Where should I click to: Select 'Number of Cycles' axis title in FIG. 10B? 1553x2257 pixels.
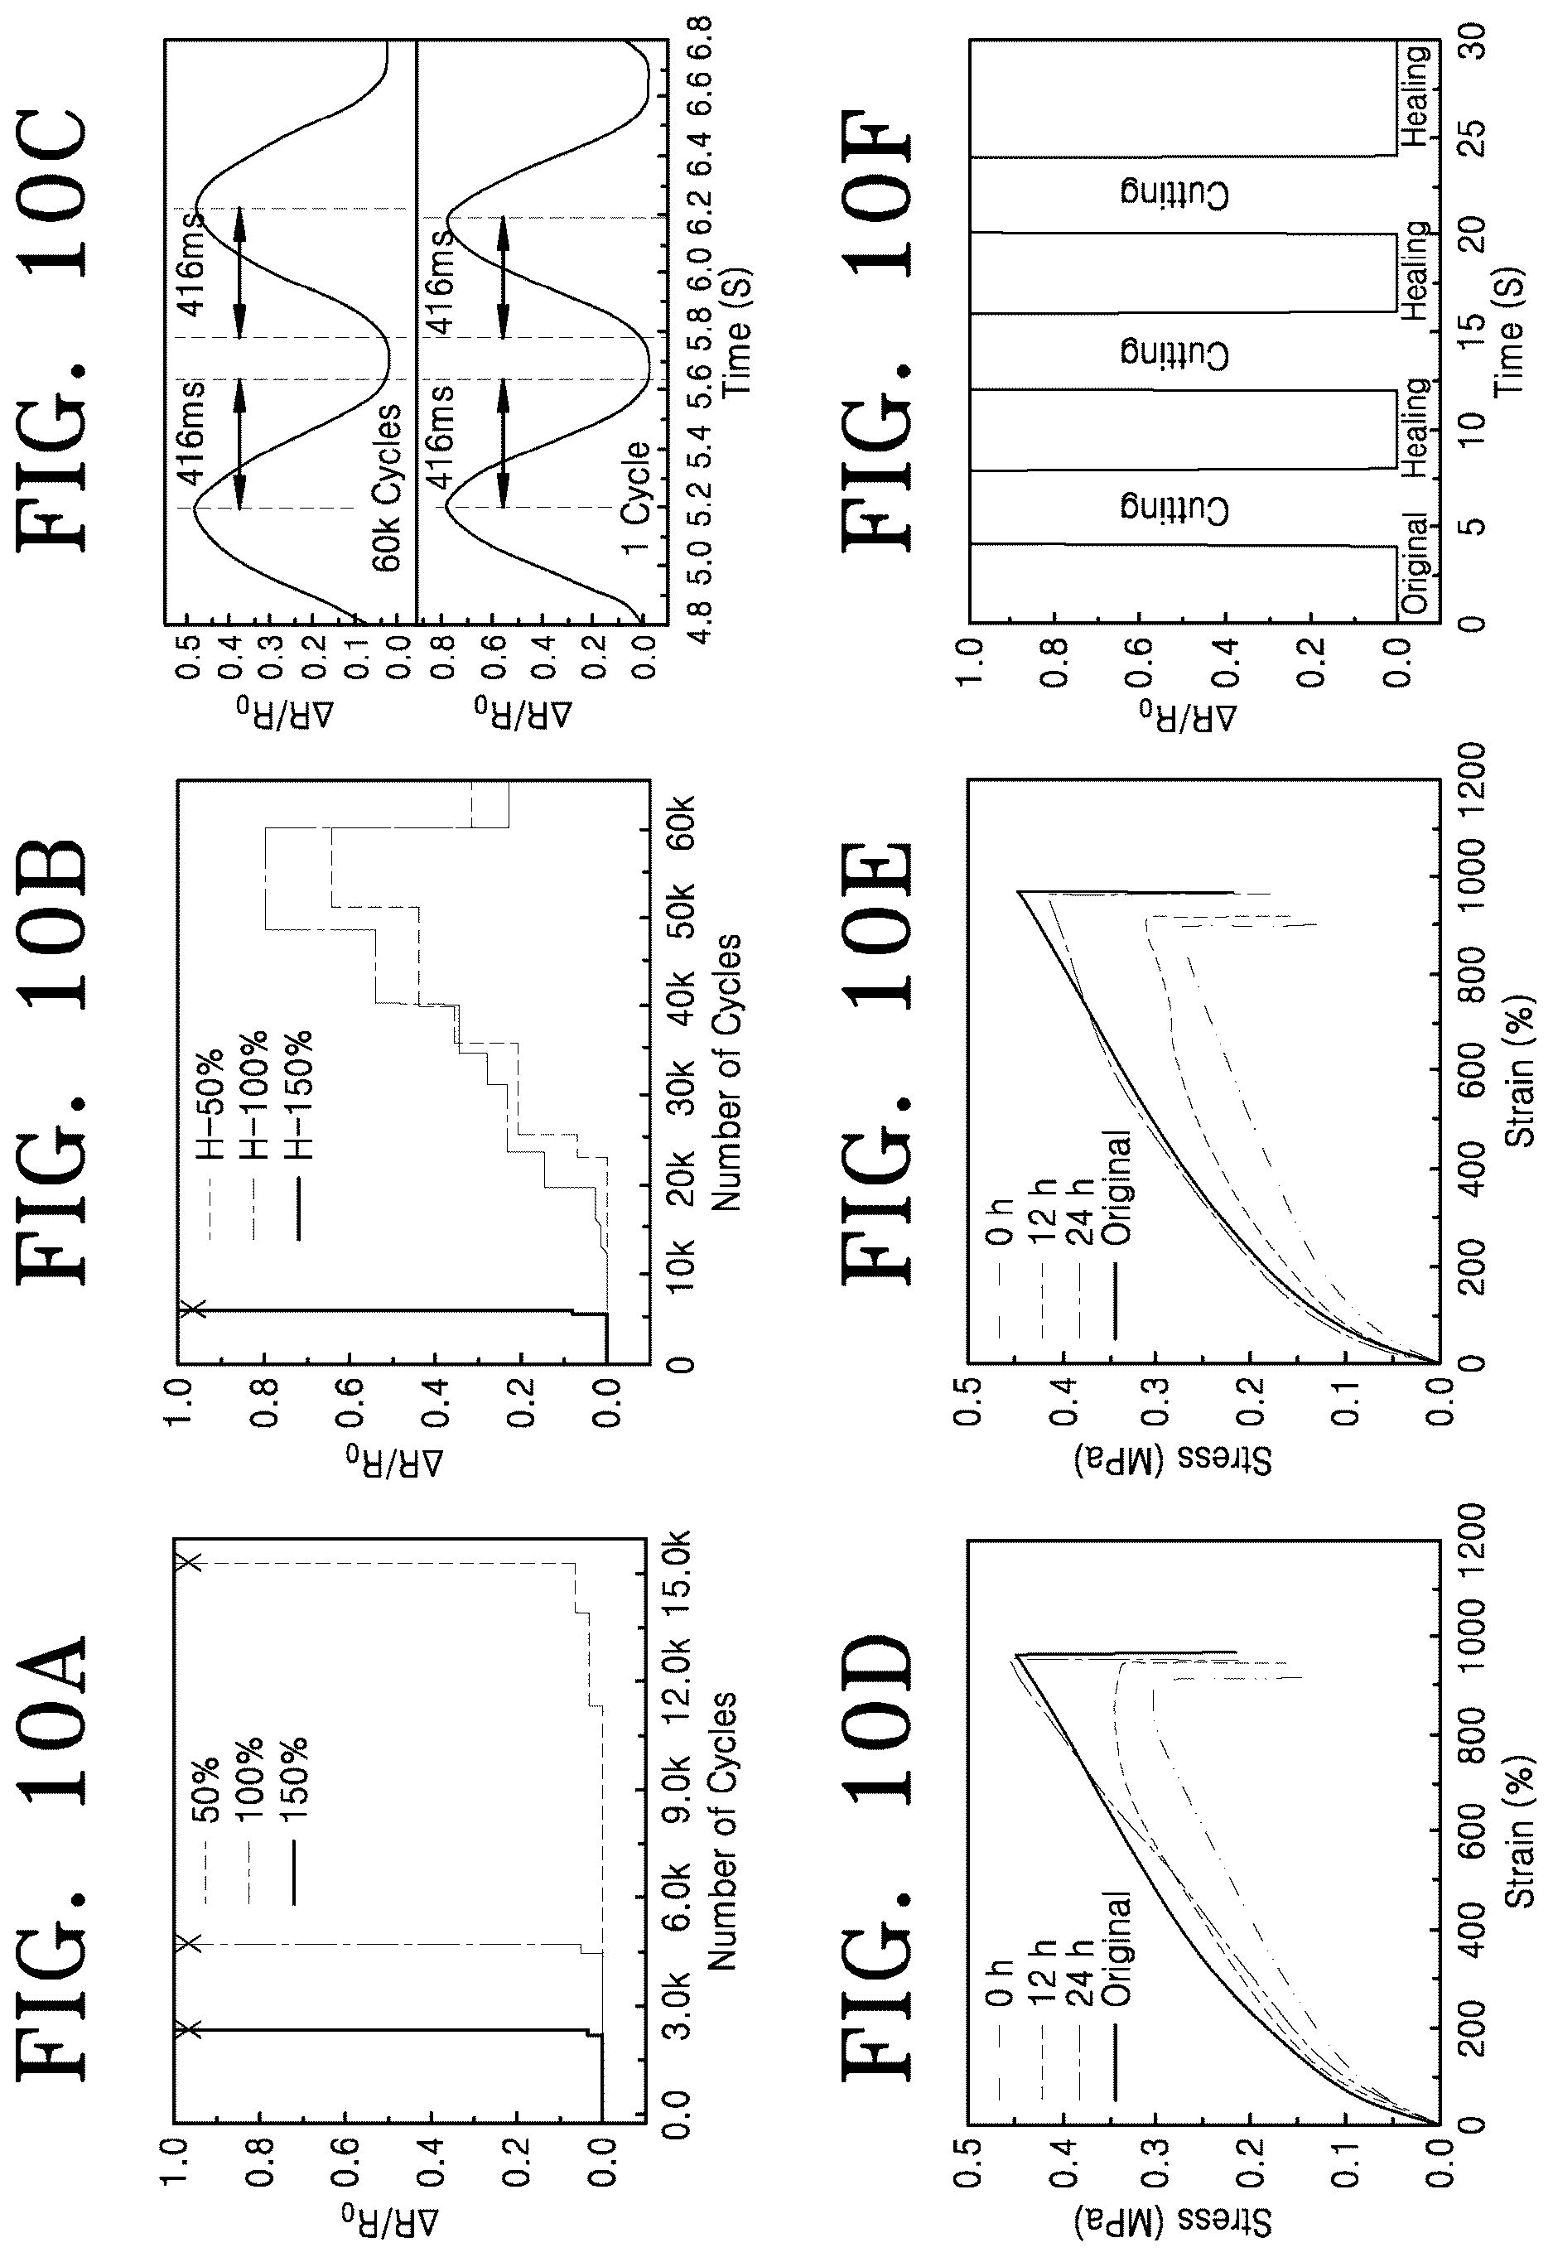726,1072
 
